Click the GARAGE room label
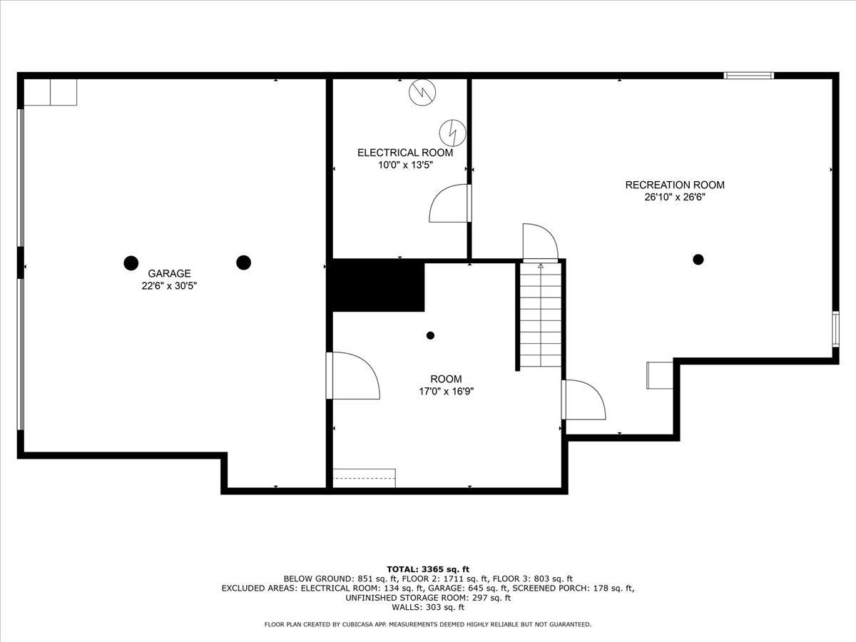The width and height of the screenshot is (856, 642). pos(169,273)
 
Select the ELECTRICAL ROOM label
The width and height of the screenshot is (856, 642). pos(404,153)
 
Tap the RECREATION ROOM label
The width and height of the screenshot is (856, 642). pos(674,185)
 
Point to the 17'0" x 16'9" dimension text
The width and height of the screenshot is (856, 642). pos(446,391)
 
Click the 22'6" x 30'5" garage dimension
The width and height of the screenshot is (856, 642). pos(169,285)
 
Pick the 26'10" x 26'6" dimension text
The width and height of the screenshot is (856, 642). pos(674,197)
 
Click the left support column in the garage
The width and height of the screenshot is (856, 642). pos(131,263)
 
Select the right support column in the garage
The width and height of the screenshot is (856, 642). pos(243,263)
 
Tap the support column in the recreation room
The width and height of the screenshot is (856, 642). pos(698,259)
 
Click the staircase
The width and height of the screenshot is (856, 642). pos(541,314)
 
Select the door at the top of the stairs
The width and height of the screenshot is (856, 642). pos(539,243)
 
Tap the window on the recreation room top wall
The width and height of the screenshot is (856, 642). pos(748,75)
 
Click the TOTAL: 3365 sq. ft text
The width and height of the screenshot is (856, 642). pos(427,569)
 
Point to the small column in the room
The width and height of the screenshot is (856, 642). pos(430,335)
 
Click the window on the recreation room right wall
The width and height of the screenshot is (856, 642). pos(835,329)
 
